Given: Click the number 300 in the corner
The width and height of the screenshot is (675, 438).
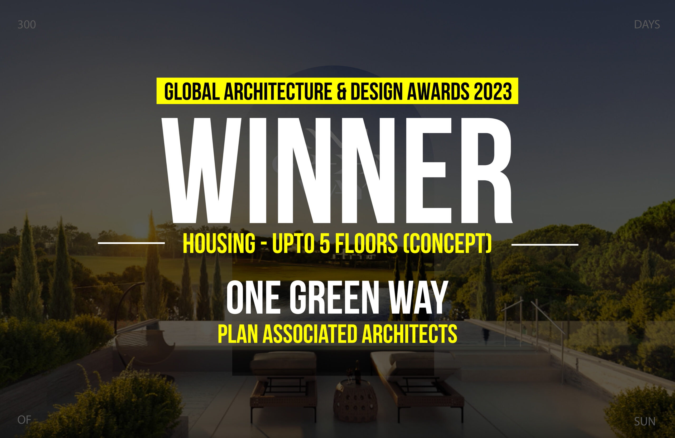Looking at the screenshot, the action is pyautogui.click(x=27, y=25).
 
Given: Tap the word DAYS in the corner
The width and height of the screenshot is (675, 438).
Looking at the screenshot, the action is pyautogui.click(x=647, y=25).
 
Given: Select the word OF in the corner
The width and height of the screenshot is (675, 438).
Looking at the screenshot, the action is pyautogui.click(x=24, y=420).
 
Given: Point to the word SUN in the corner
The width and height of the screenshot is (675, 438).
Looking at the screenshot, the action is pyautogui.click(x=645, y=422).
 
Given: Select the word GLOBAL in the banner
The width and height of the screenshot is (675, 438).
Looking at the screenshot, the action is pyautogui.click(x=192, y=91).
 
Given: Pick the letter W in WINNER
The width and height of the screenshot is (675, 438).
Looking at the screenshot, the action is pyautogui.click(x=201, y=170).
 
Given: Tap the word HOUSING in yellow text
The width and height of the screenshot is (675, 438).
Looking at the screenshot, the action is pyautogui.click(x=219, y=243).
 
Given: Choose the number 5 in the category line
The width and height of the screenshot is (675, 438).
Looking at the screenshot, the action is pyautogui.click(x=325, y=243).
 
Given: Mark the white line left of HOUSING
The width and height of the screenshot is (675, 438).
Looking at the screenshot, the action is pyautogui.click(x=131, y=243).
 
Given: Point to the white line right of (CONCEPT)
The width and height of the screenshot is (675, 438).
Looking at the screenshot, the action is pyautogui.click(x=545, y=244).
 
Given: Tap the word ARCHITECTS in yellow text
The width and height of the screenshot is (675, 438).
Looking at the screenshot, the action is pyautogui.click(x=409, y=334).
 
